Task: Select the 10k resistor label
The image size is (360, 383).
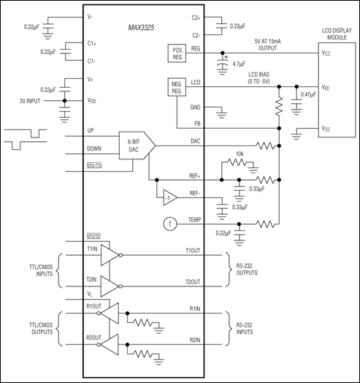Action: (239, 154)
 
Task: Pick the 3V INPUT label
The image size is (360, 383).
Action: (34, 100)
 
